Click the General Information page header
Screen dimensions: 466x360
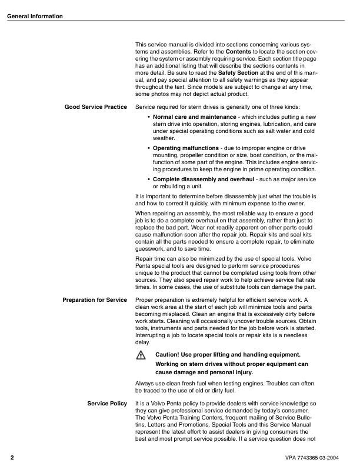35,16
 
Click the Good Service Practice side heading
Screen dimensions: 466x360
96,106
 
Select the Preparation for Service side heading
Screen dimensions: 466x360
95,300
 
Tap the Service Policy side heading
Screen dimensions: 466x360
107,403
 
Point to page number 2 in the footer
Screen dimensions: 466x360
12,457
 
